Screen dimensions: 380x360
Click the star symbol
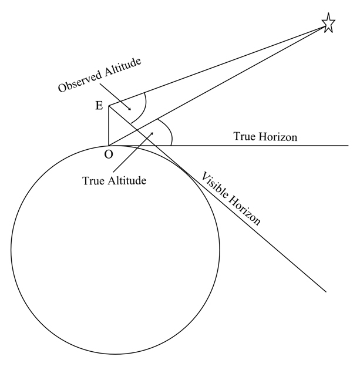[328, 23]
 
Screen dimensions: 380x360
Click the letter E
[99, 106]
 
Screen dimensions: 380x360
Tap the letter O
[109, 154]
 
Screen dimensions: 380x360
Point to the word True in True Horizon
[244, 137]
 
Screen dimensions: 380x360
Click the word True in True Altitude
[93, 180]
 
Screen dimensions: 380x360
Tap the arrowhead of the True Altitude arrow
[152, 133]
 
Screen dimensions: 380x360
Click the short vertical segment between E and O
[109, 126]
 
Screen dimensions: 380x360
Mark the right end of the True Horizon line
[348, 145]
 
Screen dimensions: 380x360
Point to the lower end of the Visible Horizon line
[325, 291]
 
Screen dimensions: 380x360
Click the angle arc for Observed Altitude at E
[145, 107]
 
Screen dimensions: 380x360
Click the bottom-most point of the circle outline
[116, 355]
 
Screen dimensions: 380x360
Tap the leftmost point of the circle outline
[11, 250]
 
